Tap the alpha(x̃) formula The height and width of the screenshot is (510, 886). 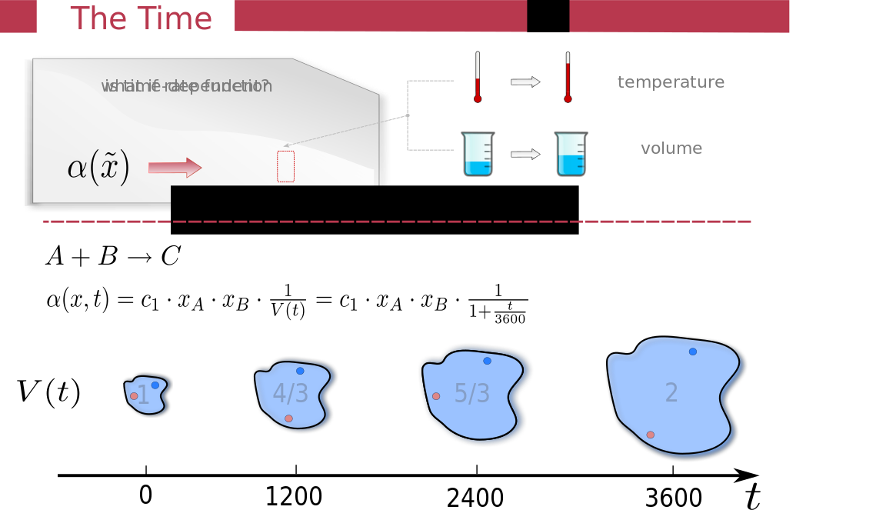point(98,168)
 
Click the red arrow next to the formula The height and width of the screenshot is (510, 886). point(175,168)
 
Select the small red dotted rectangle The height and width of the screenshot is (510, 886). point(285,166)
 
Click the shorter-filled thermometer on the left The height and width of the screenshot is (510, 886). point(478,77)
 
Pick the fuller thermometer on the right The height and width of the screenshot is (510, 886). point(568,77)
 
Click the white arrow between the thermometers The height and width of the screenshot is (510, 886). point(525,82)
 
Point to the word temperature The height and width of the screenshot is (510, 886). point(671,82)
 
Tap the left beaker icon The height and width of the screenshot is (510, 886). point(478,154)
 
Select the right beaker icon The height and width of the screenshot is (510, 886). point(571,154)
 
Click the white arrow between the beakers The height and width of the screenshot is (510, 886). point(525,154)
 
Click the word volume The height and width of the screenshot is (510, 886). point(671,148)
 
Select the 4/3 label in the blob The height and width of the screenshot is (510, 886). point(290,394)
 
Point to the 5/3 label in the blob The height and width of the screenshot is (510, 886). point(471,394)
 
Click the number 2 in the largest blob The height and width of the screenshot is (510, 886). point(671,393)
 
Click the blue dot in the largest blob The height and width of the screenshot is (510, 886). point(693,352)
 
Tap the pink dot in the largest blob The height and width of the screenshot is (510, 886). point(651,435)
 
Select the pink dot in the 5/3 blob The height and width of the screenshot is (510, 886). point(436,396)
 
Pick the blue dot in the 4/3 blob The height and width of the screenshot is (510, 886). point(300,371)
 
